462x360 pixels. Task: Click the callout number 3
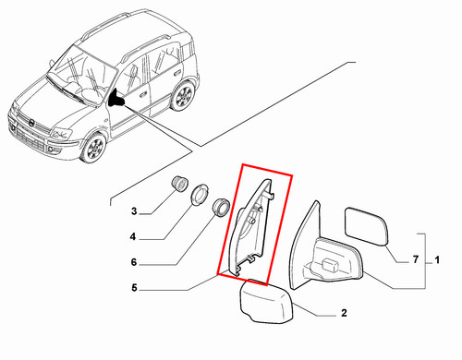(134, 211)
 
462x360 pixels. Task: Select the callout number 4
(133, 237)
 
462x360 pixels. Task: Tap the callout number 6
(134, 262)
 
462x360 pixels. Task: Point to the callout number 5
(134, 288)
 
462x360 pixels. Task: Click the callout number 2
(344, 313)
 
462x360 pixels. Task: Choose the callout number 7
(416, 259)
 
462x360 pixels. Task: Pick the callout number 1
(437, 260)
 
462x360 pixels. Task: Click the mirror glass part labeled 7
(366, 226)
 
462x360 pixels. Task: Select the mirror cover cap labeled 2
(266, 302)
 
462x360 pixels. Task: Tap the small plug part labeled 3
(179, 184)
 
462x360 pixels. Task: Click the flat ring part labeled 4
(200, 194)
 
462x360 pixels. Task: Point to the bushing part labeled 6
(221, 208)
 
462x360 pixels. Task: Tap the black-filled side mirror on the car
(116, 98)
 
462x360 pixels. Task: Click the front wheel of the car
(93, 148)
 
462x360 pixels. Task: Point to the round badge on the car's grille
(31, 123)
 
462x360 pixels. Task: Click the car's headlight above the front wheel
(62, 133)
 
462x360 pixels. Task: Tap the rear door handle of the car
(177, 73)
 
